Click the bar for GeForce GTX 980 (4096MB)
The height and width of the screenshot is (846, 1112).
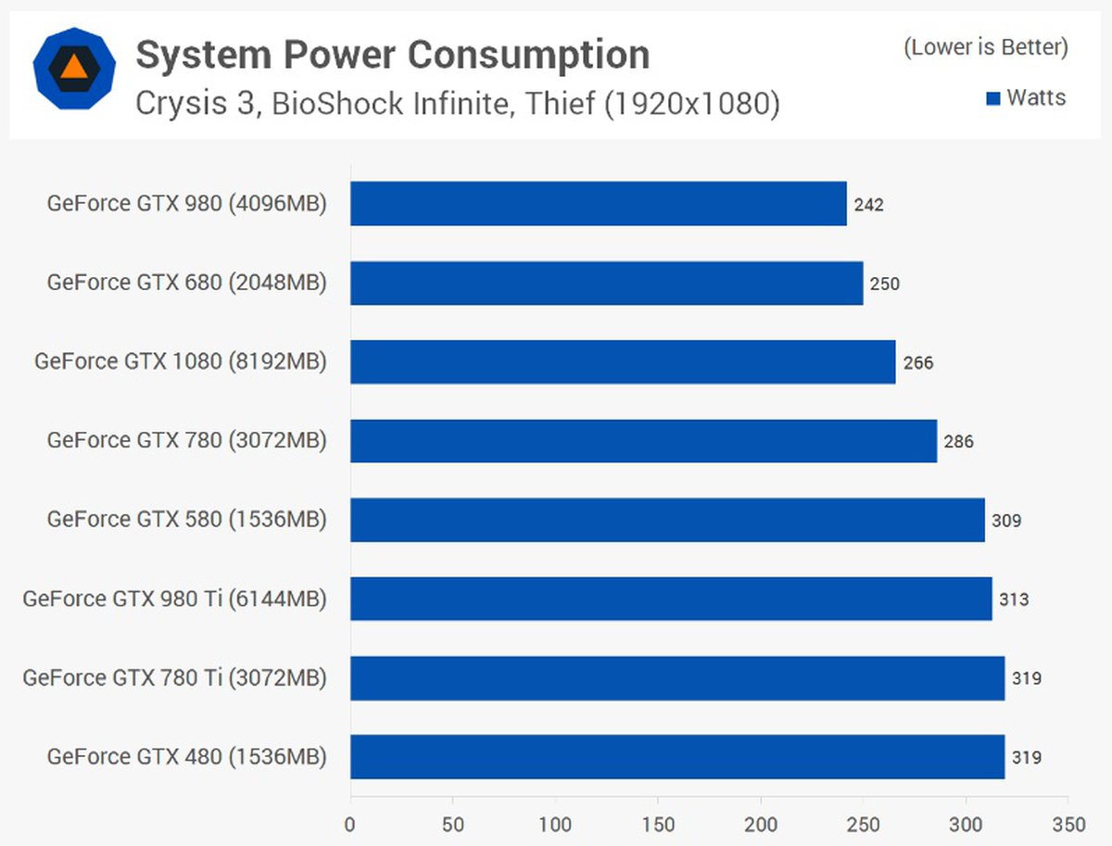point(598,203)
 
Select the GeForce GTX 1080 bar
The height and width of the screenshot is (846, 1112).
point(623,361)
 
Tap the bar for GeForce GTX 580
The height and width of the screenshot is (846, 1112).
point(667,520)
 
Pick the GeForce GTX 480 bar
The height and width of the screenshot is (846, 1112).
point(677,757)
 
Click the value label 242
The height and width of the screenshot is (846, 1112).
point(869,205)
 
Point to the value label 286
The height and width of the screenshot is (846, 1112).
point(959,442)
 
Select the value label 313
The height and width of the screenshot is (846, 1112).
point(1014,600)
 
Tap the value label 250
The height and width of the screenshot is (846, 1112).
point(885,284)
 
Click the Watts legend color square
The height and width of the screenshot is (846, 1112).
point(993,98)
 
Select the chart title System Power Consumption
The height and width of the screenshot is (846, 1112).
point(392,56)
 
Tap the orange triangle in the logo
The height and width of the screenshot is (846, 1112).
point(72,67)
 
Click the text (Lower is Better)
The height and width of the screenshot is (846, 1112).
point(986,47)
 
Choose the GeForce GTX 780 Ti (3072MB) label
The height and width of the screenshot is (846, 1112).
point(175,678)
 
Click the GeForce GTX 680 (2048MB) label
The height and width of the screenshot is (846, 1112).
point(187,283)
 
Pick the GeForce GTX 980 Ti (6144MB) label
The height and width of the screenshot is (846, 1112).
point(175,600)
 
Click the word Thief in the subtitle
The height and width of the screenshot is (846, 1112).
point(559,104)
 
